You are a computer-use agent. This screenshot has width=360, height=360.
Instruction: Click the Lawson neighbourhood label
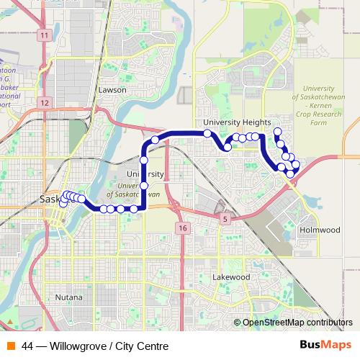[112, 90]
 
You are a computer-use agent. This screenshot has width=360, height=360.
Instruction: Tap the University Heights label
[237, 122]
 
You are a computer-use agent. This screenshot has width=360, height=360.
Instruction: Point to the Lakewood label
[231, 276]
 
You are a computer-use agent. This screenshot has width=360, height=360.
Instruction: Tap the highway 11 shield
[45, 35]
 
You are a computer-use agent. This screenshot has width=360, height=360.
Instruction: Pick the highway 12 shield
[45, 103]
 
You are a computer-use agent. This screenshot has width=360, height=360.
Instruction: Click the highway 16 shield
[181, 228]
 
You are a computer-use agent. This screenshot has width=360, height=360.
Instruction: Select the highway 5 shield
[226, 217]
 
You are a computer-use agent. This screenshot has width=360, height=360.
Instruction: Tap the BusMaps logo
[326, 346]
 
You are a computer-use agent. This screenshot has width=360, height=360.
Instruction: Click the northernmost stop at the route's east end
[277, 131]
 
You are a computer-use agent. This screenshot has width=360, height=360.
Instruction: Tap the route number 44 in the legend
[28, 346]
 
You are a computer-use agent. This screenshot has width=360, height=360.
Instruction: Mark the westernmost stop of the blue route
[63, 203]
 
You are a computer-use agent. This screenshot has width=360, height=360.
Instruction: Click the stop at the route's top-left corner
[154, 139]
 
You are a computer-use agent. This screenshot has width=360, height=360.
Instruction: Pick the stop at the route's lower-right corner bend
[143, 209]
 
